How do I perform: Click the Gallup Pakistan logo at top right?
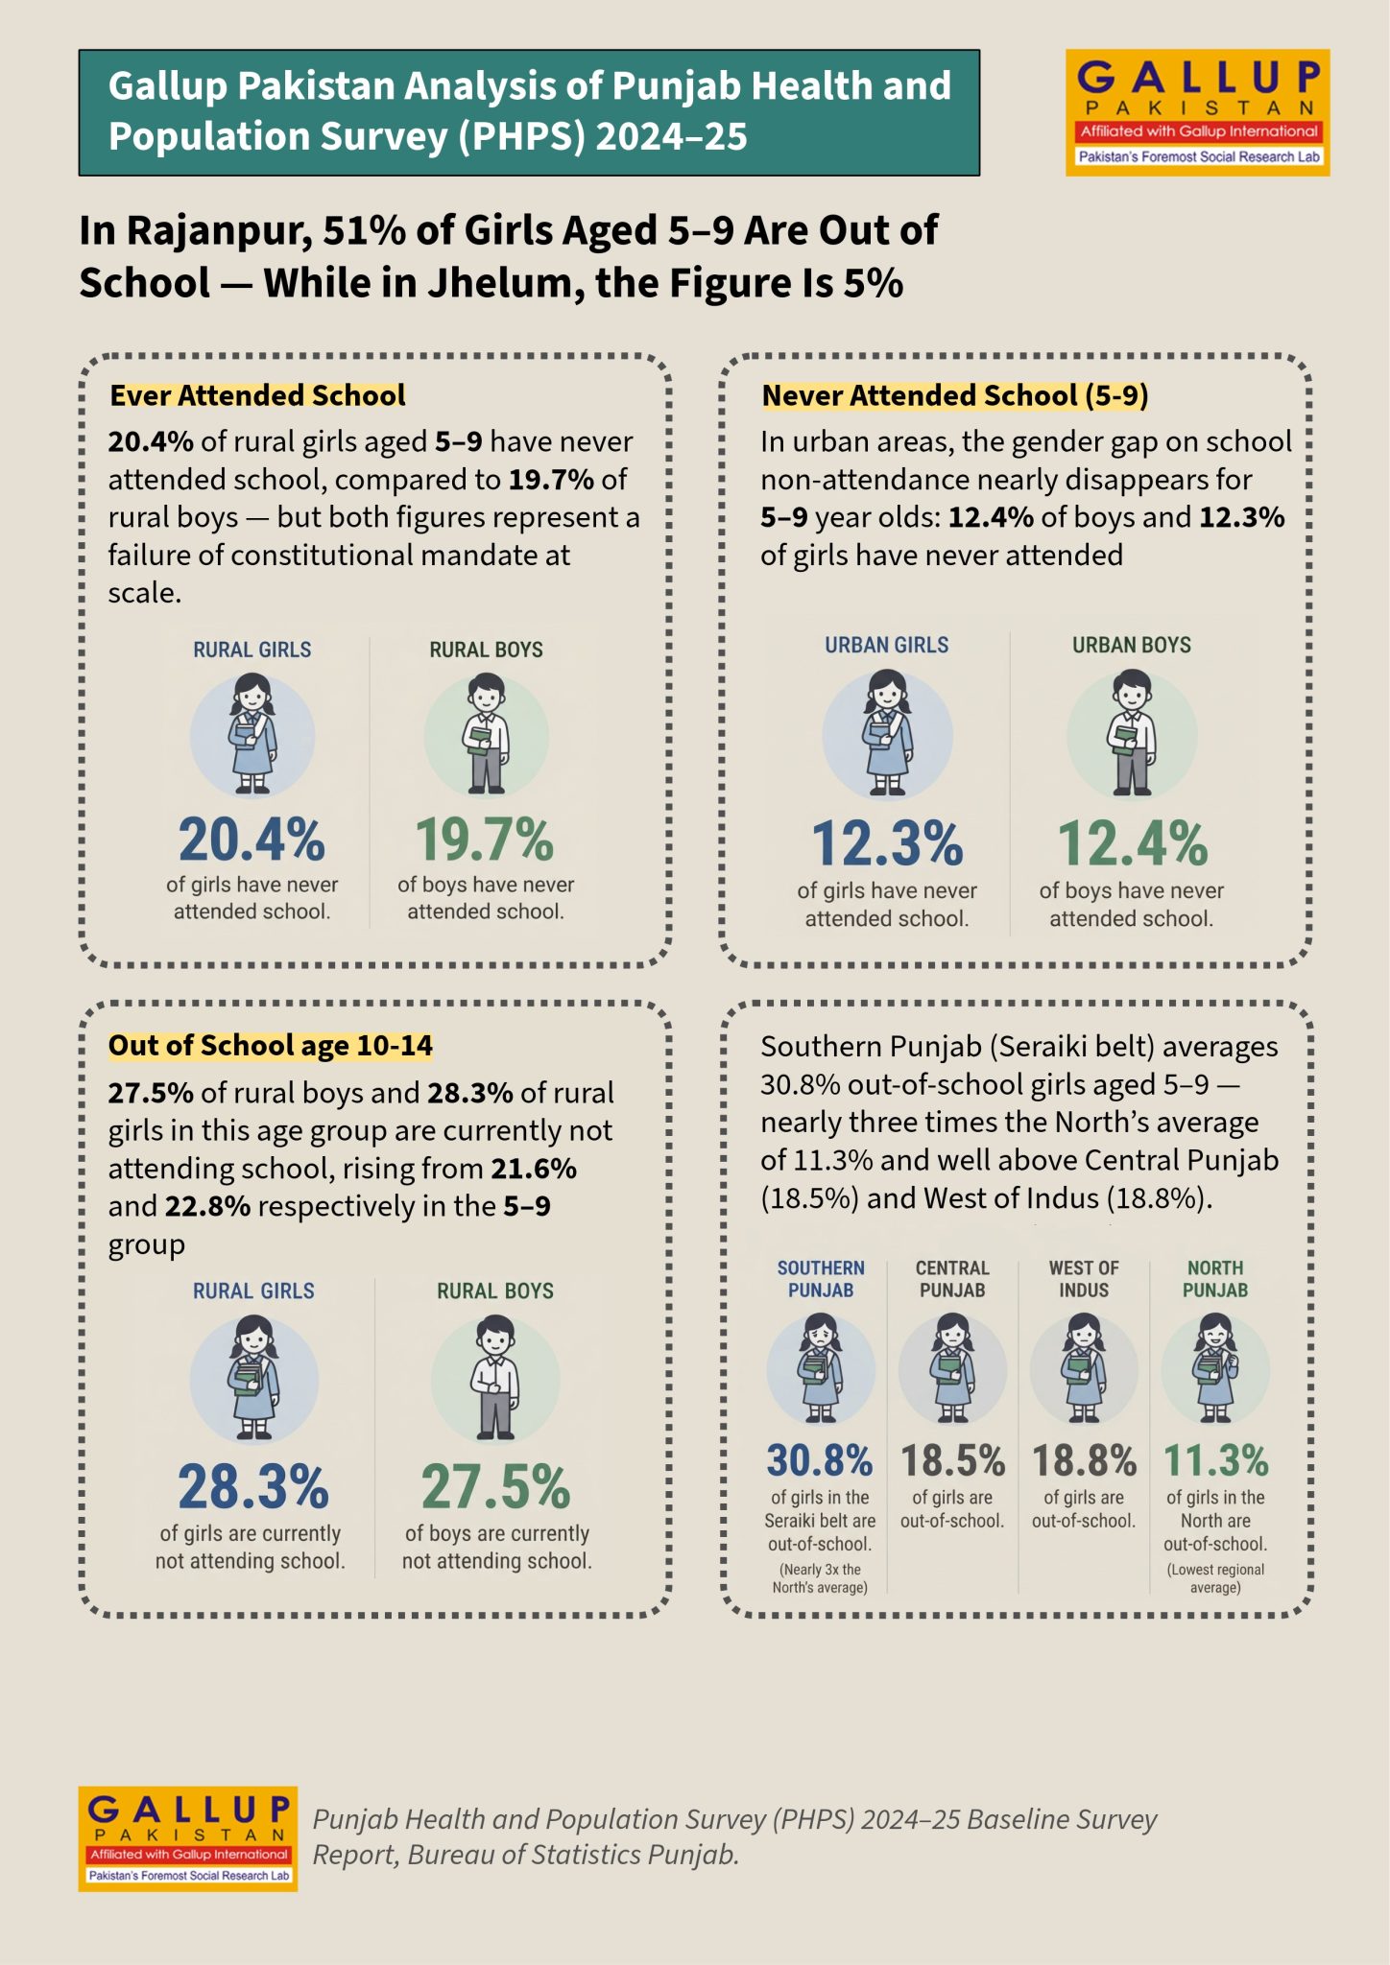pyautogui.click(x=1197, y=112)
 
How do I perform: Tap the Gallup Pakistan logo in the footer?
pyautogui.click(x=188, y=1838)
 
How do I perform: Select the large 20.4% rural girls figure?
pyautogui.click(x=252, y=840)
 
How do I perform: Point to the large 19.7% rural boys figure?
pyautogui.click(x=485, y=840)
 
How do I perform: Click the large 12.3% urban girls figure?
pyautogui.click(x=887, y=843)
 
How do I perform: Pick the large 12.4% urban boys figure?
pyautogui.click(x=1133, y=843)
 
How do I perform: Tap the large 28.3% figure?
pyautogui.click(x=253, y=1487)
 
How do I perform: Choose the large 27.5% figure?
pyautogui.click(x=496, y=1487)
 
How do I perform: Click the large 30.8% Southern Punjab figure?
pyautogui.click(x=820, y=1461)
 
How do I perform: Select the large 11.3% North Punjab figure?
pyautogui.click(x=1216, y=1461)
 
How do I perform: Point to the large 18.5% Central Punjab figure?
pyautogui.click(x=952, y=1461)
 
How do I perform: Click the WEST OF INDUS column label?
pyautogui.click(x=1084, y=1279)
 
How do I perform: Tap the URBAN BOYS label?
pyautogui.click(x=1132, y=645)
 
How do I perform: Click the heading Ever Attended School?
pyautogui.click(x=257, y=395)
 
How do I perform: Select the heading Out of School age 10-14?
pyautogui.click(x=270, y=1045)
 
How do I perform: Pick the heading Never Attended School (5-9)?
pyautogui.click(x=955, y=395)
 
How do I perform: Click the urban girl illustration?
pyautogui.click(x=887, y=734)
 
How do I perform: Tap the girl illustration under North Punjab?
pyautogui.click(x=1215, y=1368)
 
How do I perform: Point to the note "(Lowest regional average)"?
pyautogui.click(x=1215, y=1578)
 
